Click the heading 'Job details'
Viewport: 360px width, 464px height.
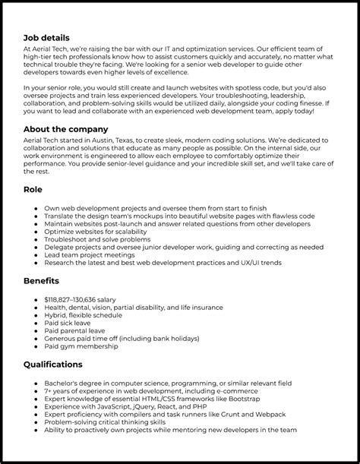46,37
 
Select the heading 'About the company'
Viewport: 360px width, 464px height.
66,129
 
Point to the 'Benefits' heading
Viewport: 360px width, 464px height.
43,280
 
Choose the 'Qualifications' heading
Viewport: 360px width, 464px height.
53,365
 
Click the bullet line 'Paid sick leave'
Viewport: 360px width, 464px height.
67,323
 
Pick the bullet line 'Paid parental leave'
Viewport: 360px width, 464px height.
75,330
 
